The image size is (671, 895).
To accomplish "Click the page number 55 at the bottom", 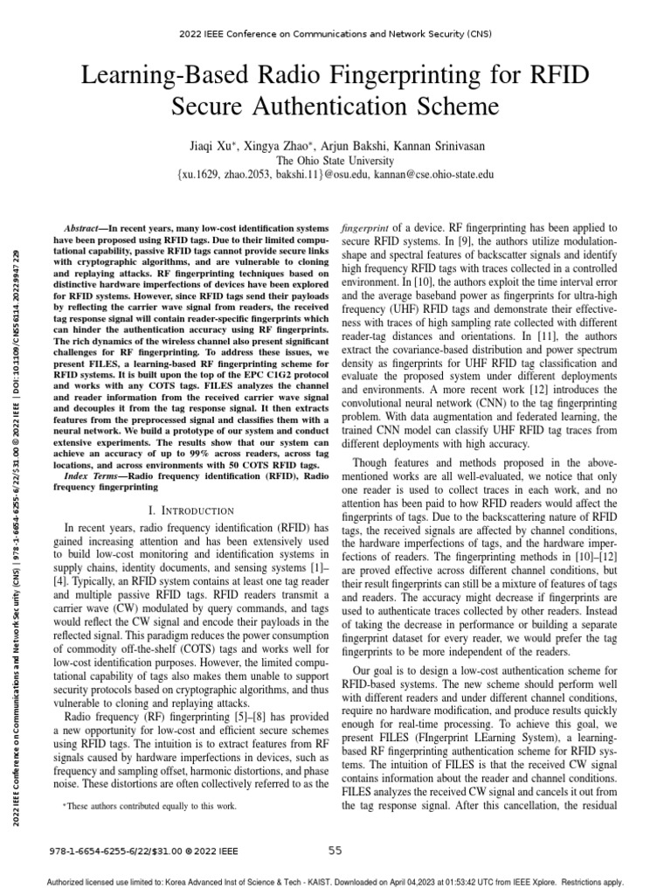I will pyautogui.click(x=335, y=850).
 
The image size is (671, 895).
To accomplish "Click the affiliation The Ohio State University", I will pyautogui.click(x=335, y=160).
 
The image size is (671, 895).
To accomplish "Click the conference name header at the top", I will pyautogui.click(x=335, y=37).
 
